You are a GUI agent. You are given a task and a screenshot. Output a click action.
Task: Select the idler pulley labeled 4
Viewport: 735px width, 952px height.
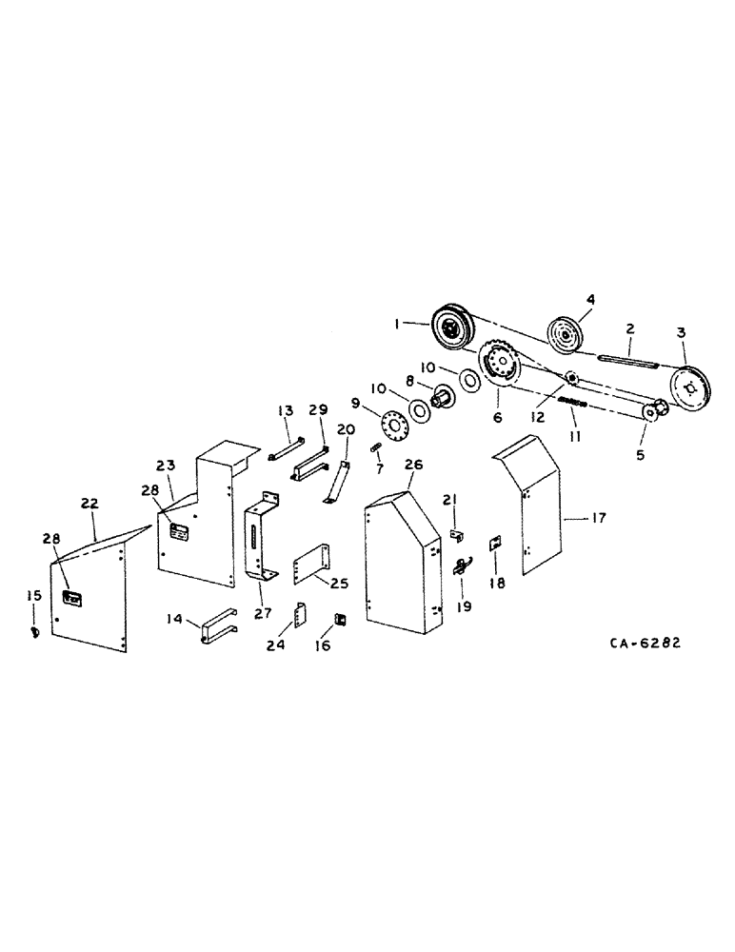pyautogui.click(x=566, y=334)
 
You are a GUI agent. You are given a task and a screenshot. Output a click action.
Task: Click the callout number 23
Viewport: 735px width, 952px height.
pyautogui.click(x=166, y=466)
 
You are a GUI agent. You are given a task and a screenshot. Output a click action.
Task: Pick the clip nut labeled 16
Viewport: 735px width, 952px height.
pyautogui.click(x=336, y=622)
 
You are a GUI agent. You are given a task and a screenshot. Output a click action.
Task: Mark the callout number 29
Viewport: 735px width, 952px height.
pyautogui.click(x=317, y=410)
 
